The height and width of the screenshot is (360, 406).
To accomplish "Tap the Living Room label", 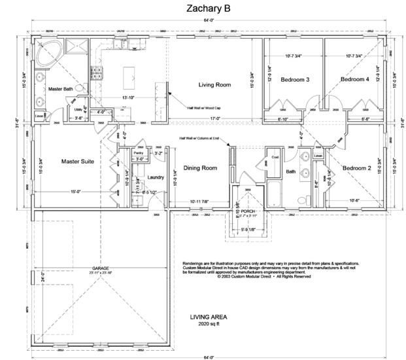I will point(215,84).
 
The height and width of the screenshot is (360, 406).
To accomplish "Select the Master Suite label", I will point(79,161).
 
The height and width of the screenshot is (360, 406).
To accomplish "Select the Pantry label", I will point(137,152).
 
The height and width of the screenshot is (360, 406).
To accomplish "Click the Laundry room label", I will point(156,177).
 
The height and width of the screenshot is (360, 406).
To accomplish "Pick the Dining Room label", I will point(199,168).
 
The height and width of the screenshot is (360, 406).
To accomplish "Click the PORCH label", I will point(248,211).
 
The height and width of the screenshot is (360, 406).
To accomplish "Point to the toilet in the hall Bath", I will point(301,199).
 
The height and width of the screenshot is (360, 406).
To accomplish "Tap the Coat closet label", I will point(275,157).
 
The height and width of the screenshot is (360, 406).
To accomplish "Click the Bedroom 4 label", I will point(354,79).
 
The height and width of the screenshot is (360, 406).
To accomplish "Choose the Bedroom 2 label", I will point(357,168).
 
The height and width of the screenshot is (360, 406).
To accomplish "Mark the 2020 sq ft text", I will point(204,323).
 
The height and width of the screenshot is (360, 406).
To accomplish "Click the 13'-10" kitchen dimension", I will point(128,97).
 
